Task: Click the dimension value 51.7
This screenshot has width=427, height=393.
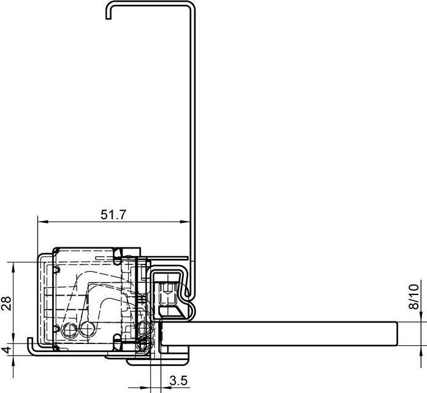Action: click(x=113, y=215)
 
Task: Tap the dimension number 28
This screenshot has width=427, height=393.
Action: click(x=6, y=303)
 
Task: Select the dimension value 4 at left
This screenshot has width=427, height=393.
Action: click(x=7, y=349)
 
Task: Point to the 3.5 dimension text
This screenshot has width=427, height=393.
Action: click(x=178, y=381)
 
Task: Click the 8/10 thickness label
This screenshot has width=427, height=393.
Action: click(x=414, y=297)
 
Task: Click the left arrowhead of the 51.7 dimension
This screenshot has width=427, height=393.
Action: click(x=42, y=222)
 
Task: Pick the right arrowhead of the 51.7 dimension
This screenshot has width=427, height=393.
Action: click(x=185, y=222)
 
